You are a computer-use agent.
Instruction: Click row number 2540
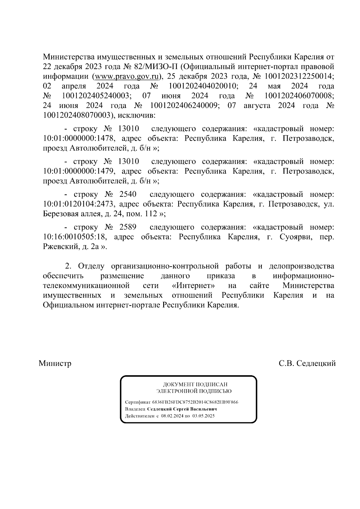pyautogui.click(x=128, y=194)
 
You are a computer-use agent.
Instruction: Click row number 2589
pyautogui.click(x=128, y=227)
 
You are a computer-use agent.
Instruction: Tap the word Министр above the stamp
pyautogui.click(x=55, y=364)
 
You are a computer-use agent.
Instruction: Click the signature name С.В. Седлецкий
pyautogui.click(x=307, y=364)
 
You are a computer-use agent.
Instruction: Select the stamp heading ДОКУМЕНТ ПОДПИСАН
pyautogui.click(x=195, y=385)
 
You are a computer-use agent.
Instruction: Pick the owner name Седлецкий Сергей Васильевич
pyautogui.click(x=182, y=409)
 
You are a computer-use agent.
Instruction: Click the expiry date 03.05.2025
pyautogui.click(x=204, y=416)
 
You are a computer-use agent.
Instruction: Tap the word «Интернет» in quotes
pyautogui.click(x=194, y=285)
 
